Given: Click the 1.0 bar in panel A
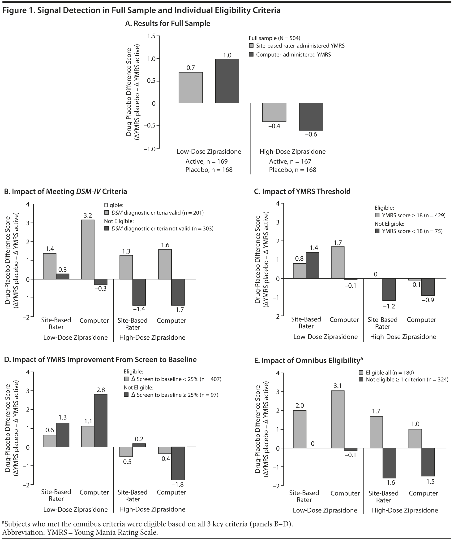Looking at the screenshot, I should (227, 81).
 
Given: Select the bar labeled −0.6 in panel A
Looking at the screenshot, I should (311, 116).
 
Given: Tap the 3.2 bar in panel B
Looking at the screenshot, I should (88, 250).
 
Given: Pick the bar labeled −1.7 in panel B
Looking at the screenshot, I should (178, 292).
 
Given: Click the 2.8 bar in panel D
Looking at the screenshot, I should (101, 421).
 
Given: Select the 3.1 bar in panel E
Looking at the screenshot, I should (338, 420).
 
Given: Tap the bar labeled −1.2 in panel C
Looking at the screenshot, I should (389, 289).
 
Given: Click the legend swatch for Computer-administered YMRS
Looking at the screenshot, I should (252, 55).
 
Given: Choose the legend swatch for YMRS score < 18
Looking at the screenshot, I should (377, 231).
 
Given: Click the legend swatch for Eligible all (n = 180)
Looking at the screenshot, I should (361, 372).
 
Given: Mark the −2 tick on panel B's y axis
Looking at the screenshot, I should (26, 317).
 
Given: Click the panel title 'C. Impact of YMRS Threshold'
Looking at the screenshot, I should (302, 191).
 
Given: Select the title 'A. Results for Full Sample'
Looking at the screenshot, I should (167, 23).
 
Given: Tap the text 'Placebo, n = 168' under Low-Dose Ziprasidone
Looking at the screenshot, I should (209, 170).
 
